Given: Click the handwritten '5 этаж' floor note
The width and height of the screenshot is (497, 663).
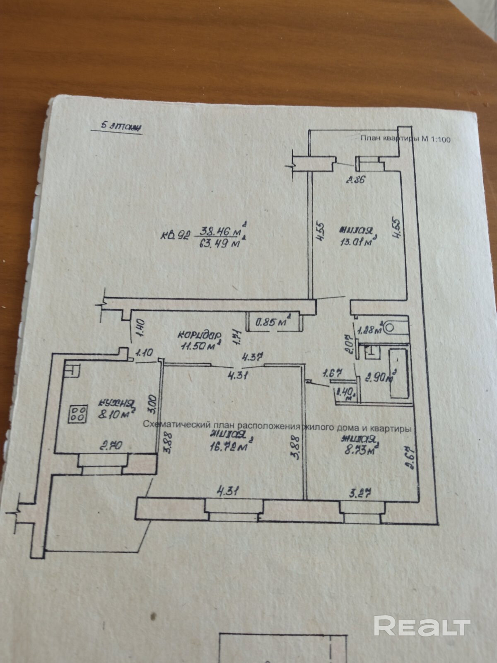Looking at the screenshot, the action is click(x=116, y=126).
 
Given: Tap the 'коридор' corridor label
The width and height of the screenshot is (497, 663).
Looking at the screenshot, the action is click(x=199, y=334).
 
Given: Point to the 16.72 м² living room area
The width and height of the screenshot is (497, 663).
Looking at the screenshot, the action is click(x=230, y=446).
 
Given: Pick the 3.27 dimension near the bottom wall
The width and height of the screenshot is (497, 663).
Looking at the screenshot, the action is click(x=359, y=493).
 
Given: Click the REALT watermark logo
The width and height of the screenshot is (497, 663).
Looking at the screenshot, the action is click(x=422, y=625).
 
